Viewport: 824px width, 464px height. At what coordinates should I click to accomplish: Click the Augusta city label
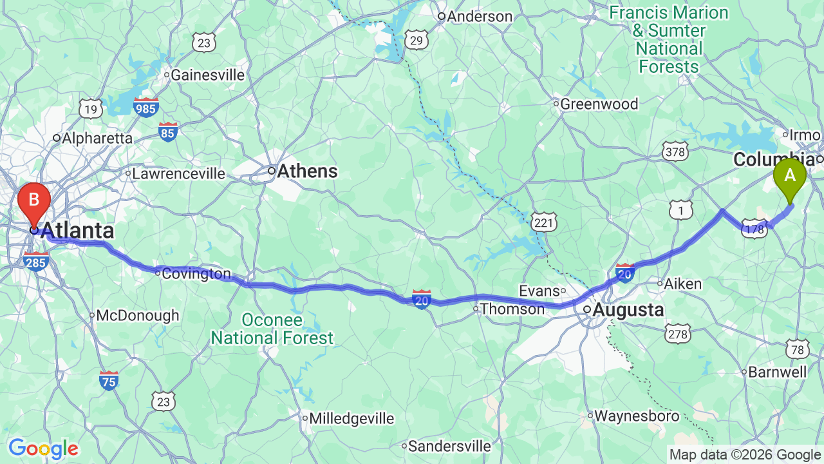coord(628,310)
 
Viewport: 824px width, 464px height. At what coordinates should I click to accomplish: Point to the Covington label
coord(196,274)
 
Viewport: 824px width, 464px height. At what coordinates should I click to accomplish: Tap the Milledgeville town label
coord(351,418)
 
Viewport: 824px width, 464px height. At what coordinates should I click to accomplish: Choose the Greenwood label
coord(599,104)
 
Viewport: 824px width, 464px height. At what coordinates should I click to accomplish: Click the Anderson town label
coord(480,17)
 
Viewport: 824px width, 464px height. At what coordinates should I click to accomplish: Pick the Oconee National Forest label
coord(272,329)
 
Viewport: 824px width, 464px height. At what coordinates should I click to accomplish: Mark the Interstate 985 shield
coord(146,108)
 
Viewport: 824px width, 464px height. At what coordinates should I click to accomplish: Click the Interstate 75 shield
coord(109,380)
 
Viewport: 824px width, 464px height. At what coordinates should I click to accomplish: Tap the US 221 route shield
coord(544,223)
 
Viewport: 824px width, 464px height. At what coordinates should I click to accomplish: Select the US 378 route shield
coord(675,151)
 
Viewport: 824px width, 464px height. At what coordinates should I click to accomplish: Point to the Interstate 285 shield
coord(35,261)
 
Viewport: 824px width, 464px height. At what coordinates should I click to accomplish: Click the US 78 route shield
coord(798,349)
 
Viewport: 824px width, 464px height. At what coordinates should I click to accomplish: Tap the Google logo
coord(43,449)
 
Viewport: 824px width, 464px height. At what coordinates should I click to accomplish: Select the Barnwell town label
coord(778,372)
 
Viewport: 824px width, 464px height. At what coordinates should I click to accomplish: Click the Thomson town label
coord(512,309)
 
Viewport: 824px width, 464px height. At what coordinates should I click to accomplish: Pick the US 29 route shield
coord(417,41)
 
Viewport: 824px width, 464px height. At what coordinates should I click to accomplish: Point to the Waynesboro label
coord(636,416)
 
